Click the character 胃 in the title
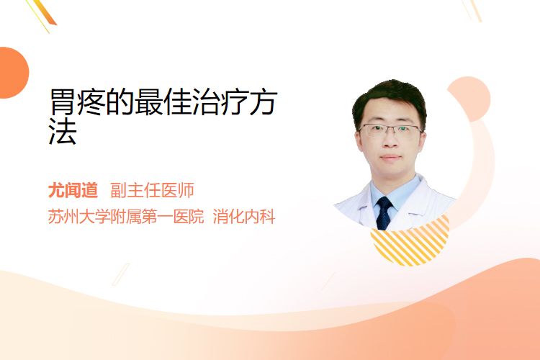62,102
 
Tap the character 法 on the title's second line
63,131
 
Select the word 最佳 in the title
163,102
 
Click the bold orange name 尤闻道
73,191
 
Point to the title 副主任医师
152,191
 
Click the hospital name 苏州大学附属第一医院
126,217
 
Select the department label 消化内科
244,217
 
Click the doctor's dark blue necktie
384,213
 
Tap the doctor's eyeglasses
390,130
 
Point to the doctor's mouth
391,158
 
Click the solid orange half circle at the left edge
13,73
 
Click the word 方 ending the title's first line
263,102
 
